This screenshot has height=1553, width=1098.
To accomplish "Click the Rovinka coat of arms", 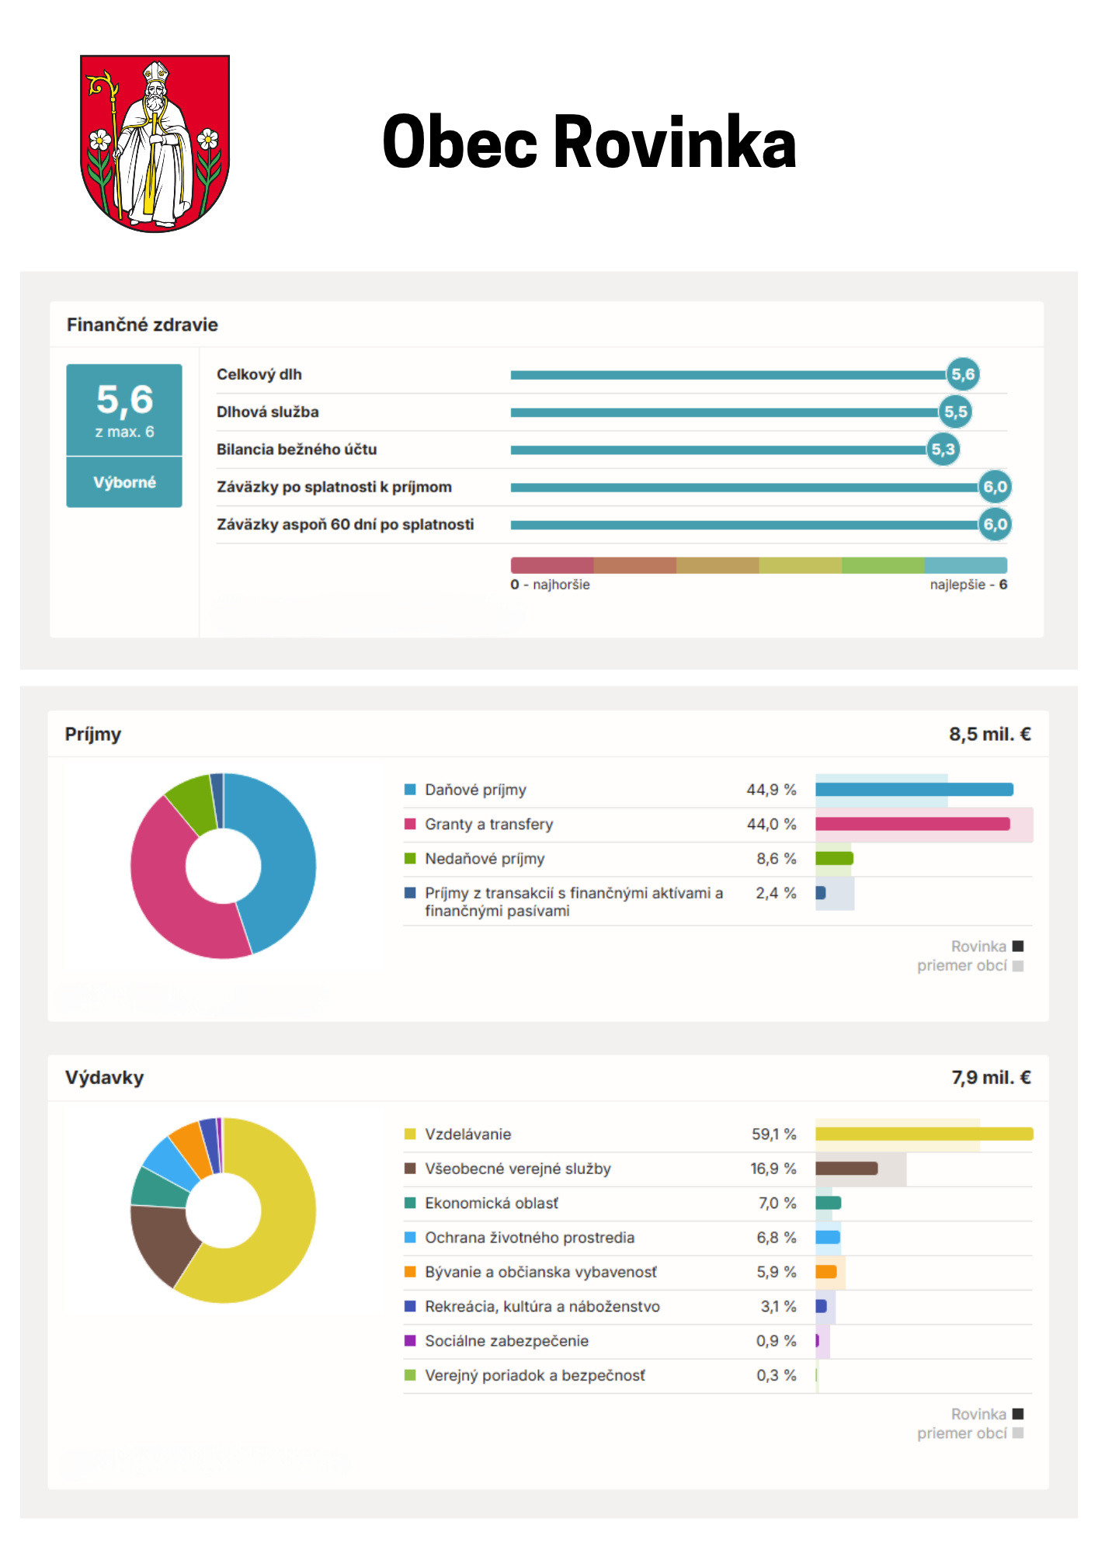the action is [155, 143].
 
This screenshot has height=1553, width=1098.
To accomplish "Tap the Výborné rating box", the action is [124, 482].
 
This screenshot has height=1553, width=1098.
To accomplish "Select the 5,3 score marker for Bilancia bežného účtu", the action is [943, 450].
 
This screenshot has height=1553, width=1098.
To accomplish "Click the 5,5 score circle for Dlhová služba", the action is [956, 412].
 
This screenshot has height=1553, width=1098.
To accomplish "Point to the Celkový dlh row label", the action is [259, 374].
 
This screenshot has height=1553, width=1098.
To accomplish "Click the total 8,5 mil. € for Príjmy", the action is [990, 734].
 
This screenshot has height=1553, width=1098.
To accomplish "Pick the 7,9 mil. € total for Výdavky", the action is [992, 1077].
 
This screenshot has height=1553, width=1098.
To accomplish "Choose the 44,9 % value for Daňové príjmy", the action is [771, 790].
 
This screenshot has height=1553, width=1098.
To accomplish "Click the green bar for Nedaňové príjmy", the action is [834, 858].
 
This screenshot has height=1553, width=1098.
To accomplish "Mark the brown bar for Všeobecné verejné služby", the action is [846, 1168].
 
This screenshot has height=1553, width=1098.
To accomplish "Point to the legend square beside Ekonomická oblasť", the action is [410, 1203].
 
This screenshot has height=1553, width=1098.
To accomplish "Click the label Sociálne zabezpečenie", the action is [506, 1341].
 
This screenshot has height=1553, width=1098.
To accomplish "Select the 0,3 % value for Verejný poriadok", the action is [777, 1375].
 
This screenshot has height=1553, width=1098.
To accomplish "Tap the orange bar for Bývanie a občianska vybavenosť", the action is [826, 1271].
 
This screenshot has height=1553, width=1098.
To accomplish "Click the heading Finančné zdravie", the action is [142, 325].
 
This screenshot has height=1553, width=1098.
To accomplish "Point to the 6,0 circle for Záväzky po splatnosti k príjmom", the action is [995, 487].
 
